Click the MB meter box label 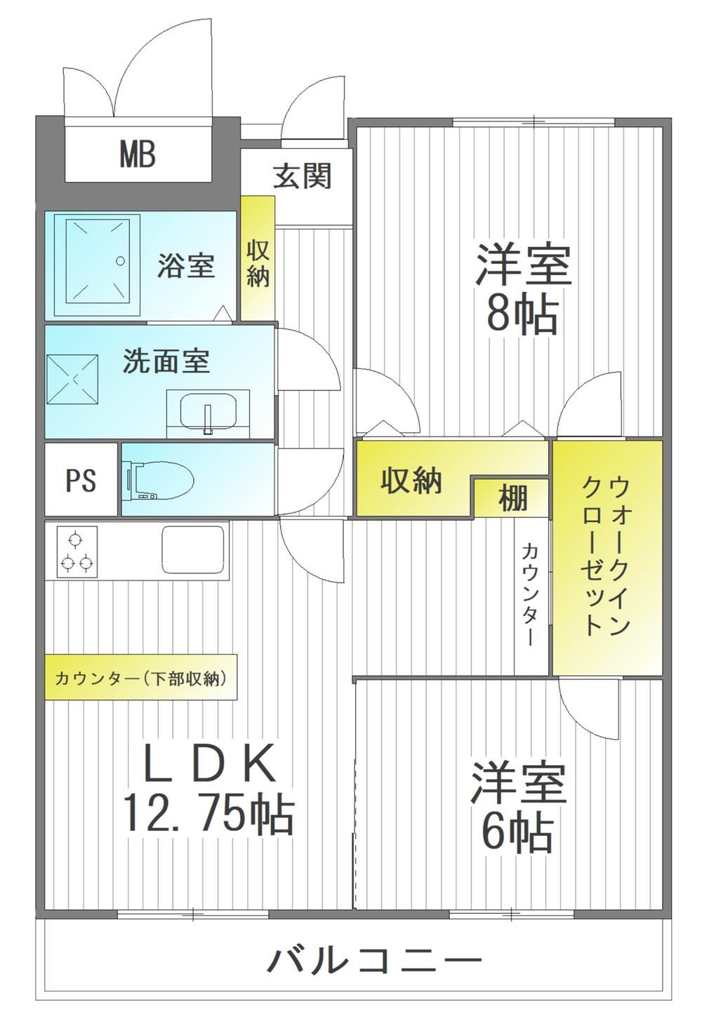[138, 154]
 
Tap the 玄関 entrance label [302, 175]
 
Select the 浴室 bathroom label [185, 265]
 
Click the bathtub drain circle [120, 261]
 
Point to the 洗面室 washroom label [166, 361]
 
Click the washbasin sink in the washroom [208, 411]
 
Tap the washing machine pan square [73, 378]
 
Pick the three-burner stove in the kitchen [77, 552]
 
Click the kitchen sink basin [193, 550]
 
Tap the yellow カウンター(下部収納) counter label [141, 679]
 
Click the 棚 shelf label [512, 498]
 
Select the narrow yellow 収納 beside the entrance [258, 263]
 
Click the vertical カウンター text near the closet [529, 594]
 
